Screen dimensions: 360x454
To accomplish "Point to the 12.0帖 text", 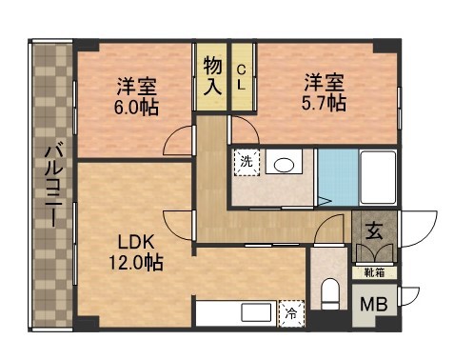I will coord(133,262).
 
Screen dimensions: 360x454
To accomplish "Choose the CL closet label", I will coord(242,75).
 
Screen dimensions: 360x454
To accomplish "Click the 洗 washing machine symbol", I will coord(247,162).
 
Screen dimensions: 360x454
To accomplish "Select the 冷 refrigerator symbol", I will coord(289,311).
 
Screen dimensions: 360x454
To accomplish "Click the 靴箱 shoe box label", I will coord(374,272).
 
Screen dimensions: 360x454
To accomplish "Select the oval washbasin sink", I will coord(283,165).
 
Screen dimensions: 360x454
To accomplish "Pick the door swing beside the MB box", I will coord(406,294).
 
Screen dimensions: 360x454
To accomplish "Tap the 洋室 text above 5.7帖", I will coord(325,81).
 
